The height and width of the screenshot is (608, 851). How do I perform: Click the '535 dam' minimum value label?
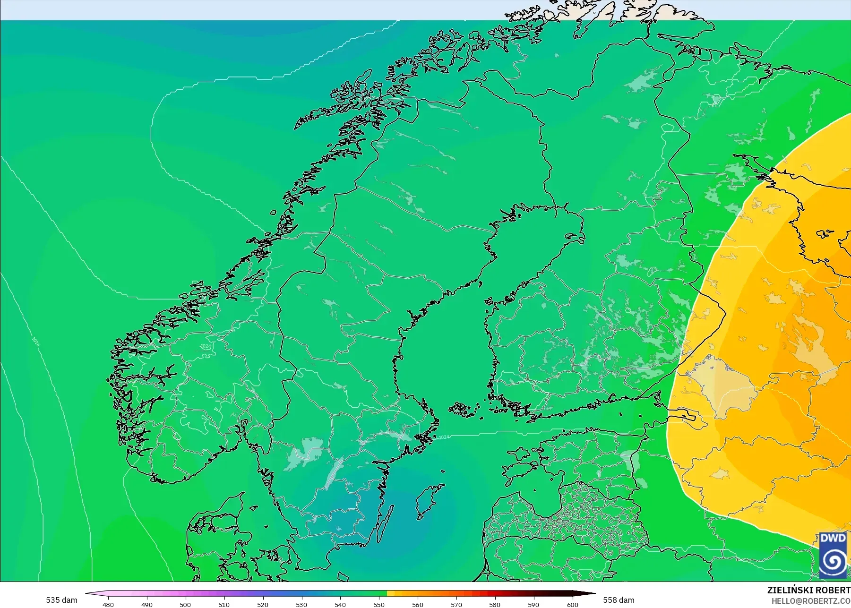[61, 600]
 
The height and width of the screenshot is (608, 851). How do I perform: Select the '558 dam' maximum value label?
[619, 600]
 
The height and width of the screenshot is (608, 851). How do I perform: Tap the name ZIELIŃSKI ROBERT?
[808, 590]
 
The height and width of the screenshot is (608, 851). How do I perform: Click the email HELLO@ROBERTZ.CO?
[811, 601]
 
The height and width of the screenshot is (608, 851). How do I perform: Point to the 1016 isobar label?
[36, 341]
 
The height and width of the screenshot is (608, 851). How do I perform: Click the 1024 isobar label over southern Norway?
[206, 346]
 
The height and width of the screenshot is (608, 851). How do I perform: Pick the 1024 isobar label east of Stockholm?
[444, 437]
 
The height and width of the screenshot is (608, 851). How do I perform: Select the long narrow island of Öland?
[386, 524]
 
